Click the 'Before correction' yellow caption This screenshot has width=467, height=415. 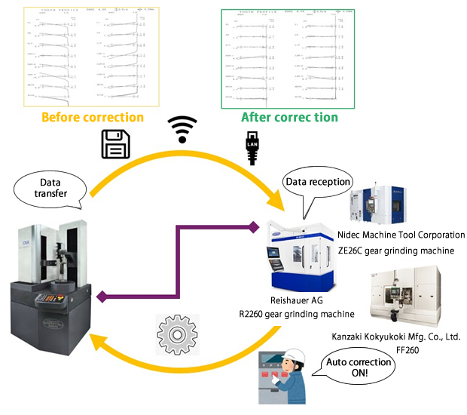[x=92, y=117]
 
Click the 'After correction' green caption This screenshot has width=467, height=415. [x=289, y=117]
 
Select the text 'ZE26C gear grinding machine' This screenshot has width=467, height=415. [x=406, y=251]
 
